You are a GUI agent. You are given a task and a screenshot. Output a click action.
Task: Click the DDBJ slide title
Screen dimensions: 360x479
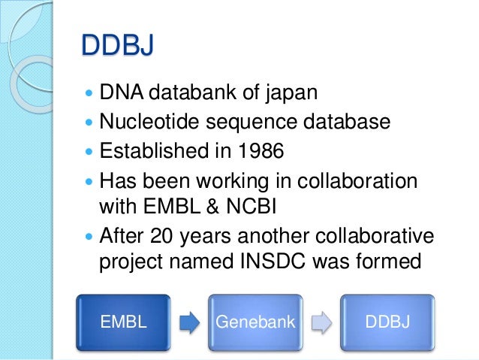click(118, 47)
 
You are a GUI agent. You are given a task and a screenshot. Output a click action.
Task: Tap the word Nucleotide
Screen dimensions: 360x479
click(139, 122)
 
